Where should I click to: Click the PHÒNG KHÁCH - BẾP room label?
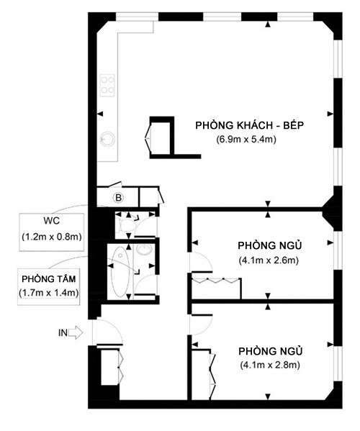coord(249,125)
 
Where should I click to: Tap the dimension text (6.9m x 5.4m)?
coord(246,140)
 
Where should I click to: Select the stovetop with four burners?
coord(107,85)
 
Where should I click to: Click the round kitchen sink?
coord(107,139)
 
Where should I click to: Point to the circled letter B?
coord(119,198)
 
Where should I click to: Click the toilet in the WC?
coord(126,225)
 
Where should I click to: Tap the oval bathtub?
coord(120,271)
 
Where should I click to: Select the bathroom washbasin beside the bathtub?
coord(145,250)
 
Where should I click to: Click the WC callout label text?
coord(51,221)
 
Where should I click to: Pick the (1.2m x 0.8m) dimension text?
coord(52,237)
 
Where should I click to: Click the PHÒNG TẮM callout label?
coord(49,279)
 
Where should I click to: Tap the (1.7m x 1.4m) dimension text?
coord(49,292)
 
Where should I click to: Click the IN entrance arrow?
coord(75,333)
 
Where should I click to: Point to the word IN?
coord(63,333)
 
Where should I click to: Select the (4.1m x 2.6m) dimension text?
coord(269,260)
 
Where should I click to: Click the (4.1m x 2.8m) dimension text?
coord(270,365)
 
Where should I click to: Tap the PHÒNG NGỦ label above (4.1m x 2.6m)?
coord(270,245)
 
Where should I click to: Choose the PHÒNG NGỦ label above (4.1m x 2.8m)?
coord(270,350)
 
